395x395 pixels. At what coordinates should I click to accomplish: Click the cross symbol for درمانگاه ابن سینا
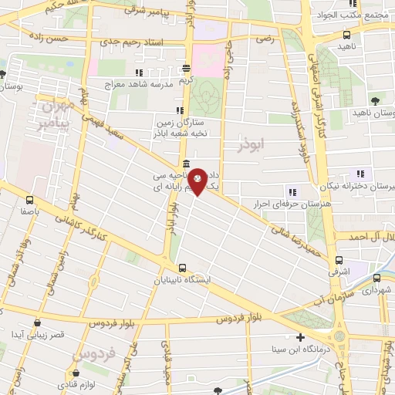pos(300,337)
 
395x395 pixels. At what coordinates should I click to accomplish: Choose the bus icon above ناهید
pos(346,35)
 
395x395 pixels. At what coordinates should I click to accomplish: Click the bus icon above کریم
pos(186,69)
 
